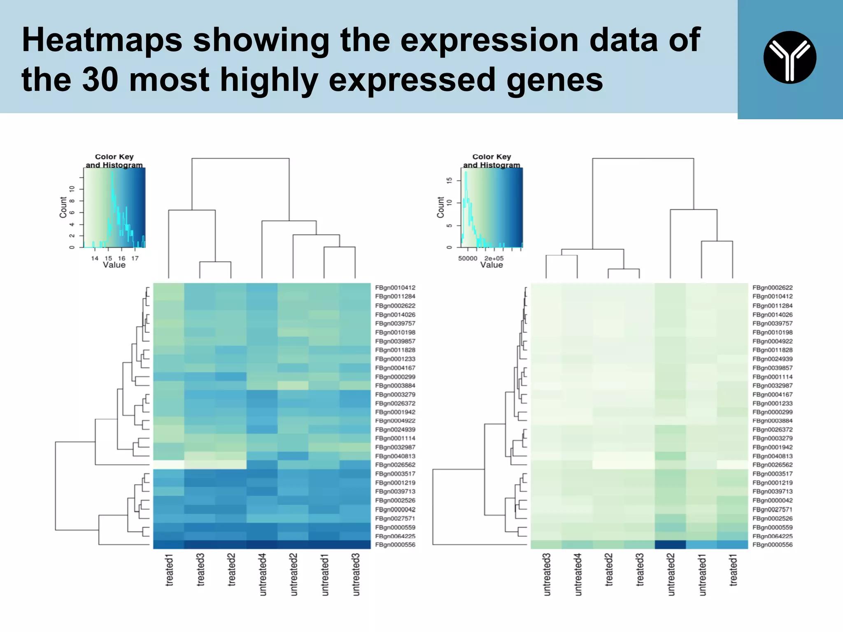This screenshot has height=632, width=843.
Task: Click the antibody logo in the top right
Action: pyautogui.click(x=789, y=57)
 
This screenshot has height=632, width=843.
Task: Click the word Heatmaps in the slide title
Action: pyautogui.click(x=102, y=40)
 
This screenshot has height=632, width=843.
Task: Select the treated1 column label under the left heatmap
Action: pyautogui.click(x=169, y=570)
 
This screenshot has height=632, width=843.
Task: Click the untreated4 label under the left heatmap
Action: pyautogui.click(x=263, y=574)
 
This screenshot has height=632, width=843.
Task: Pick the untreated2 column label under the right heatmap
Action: pyautogui.click(x=671, y=574)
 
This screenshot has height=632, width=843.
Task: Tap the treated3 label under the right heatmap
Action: pyautogui.click(x=640, y=570)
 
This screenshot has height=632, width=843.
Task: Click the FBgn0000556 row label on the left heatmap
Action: pyautogui.click(x=395, y=545)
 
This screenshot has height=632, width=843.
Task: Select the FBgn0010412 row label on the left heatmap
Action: pyautogui.click(x=395, y=288)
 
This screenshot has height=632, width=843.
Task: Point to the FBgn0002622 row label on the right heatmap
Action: pyautogui.click(x=772, y=288)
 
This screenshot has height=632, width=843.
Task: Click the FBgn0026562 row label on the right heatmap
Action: pyautogui.click(x=772, y=465)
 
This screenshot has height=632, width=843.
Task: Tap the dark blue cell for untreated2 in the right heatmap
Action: pyautogui.click(x=670, y=545)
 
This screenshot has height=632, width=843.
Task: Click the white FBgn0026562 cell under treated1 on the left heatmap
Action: pyautogui.click(x=169, y=465)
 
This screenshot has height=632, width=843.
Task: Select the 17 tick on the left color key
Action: pyautogui.click(x=135, y=258)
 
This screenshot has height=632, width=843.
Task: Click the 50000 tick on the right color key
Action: pyautogui.click(x=468, y=258)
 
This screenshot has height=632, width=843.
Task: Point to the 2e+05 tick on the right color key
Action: pyautogui.click(x=494, y=258)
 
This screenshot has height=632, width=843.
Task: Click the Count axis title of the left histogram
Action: pyautogui.click(x=63, y=207)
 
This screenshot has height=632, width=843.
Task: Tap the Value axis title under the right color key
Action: pyautogui.click(x=491, y=265)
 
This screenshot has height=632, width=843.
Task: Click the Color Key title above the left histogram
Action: pyautogui.click(x=114, y=157)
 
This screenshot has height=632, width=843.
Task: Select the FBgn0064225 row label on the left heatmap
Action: pyautogui.click(x=395, y=536)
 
